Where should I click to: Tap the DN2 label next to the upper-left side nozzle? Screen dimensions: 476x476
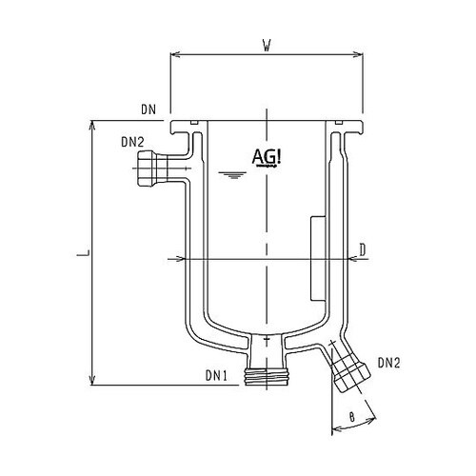click(132, 143)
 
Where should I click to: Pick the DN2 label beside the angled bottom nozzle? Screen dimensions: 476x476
click(388, 362)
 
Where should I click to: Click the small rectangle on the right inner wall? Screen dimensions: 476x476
click(317, 255)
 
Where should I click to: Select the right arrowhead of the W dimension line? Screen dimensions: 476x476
click(362, 53)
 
